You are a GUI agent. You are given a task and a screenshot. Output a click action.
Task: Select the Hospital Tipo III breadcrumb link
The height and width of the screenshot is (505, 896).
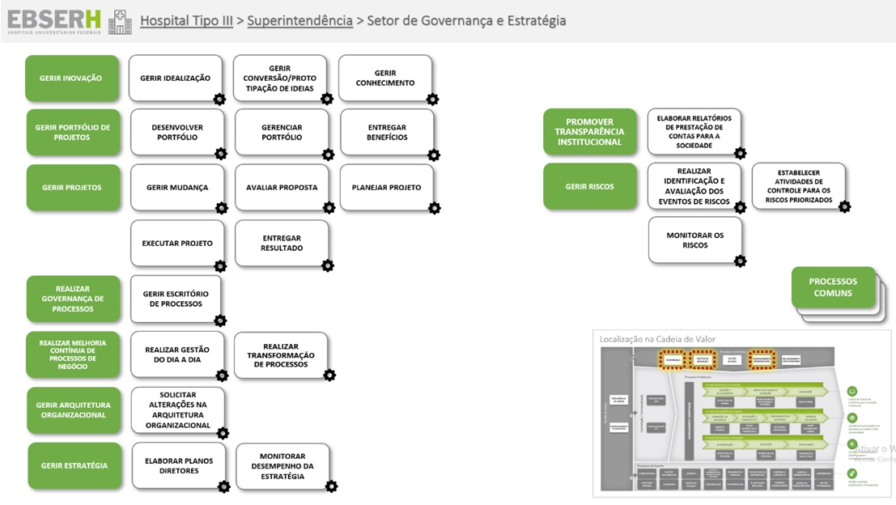(x=186, y=21)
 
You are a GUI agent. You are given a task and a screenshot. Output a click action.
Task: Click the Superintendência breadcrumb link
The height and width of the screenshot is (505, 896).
(x=299, y=21)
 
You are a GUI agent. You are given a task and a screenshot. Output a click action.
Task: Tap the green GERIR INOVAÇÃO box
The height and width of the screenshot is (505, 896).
(x=71, y=79)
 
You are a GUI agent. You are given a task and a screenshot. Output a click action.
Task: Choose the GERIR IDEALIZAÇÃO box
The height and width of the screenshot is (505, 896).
(x=175, y=79)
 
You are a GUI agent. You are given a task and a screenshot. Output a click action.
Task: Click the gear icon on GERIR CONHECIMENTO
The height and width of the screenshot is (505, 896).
(x=432, y=99)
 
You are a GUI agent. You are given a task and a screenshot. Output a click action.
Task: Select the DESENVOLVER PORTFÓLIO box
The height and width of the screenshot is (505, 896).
(x=177, y=133)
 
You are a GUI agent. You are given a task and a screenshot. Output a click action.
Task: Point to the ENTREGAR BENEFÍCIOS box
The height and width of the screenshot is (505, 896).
(x=387, y=133)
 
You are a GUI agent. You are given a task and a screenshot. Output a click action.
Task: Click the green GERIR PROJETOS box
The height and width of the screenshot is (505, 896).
(x=72, y=188)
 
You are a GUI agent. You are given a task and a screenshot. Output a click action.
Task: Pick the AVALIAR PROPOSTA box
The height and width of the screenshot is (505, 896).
(x=282, y=188)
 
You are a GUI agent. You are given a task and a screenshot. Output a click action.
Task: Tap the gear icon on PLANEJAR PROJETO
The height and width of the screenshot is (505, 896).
(x=434, y=208)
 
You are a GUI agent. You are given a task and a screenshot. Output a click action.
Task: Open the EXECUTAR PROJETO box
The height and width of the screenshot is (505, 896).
(x=177, y=244)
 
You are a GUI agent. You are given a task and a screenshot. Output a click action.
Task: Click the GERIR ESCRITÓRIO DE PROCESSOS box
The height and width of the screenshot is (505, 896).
(x=176, y=299)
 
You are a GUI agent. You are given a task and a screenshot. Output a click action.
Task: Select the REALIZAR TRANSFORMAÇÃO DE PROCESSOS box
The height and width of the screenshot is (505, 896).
(x=281, y=355)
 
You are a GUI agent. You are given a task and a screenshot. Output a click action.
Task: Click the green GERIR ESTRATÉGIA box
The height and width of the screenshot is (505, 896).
(x=74, y=465)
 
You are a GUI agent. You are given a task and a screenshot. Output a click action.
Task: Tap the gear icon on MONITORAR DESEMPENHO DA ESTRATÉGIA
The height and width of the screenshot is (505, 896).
(x=330, y=486)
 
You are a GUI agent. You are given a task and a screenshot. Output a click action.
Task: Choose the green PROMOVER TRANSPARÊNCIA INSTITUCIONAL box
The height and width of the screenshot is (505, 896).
(x=589, y=132)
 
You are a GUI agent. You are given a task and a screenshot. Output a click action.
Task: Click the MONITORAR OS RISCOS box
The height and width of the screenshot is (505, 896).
(x=694, y=240)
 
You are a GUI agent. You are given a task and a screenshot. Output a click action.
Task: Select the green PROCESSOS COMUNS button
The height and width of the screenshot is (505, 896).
(x=832, y=287)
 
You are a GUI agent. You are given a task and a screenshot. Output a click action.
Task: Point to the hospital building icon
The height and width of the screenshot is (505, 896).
(x=120, y=22)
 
